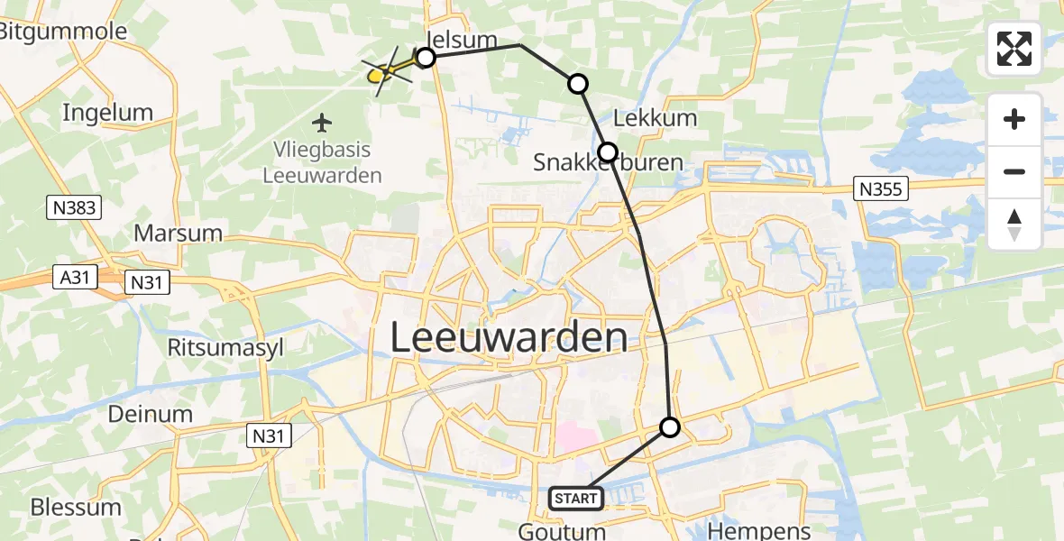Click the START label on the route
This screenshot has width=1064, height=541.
pos(575,498)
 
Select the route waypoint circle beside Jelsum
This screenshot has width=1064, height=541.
pos(426,58)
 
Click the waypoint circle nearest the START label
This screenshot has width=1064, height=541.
pos(670,426)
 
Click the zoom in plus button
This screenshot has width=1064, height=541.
pos(1014,119)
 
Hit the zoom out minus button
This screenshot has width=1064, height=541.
pos(1014,171)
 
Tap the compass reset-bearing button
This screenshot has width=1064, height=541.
pos(1014,224)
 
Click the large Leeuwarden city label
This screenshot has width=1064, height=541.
pos(509,338)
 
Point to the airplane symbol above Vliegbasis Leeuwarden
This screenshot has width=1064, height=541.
pos(322,121)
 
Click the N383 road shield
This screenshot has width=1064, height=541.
pos(73,207)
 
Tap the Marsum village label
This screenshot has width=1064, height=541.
pos(178,233)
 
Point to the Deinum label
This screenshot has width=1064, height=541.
pos(151,414)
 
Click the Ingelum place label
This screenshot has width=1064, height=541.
pos(107,113)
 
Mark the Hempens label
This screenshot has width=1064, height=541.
pos(760,530)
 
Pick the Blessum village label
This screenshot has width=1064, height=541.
pos(76,506)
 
